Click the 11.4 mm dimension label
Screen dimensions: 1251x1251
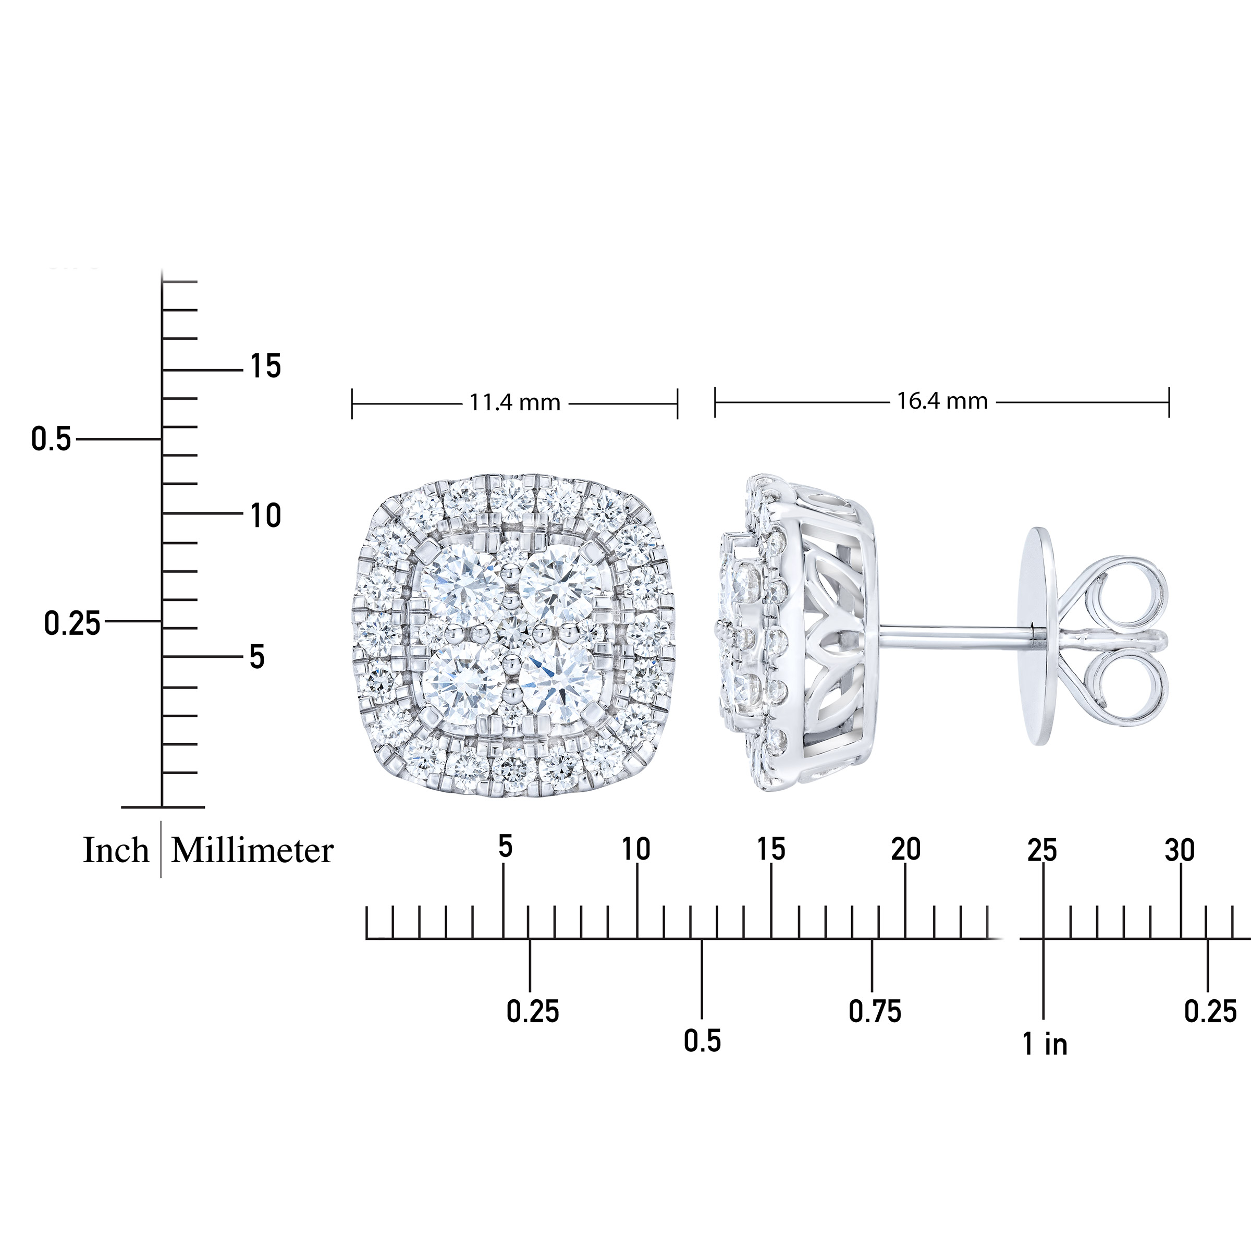coord(514,403)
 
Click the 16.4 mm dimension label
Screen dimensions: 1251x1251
coord(942,401)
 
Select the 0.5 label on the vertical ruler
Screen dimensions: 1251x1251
coord(51,439)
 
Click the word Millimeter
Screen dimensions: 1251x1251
coord(252,850)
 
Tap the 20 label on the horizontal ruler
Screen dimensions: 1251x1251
coord(905,849)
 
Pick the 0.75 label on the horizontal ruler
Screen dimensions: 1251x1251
coord(875,1011)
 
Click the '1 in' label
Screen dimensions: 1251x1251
coord(1045,1044)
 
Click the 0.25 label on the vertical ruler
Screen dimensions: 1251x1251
coord(72,623)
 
